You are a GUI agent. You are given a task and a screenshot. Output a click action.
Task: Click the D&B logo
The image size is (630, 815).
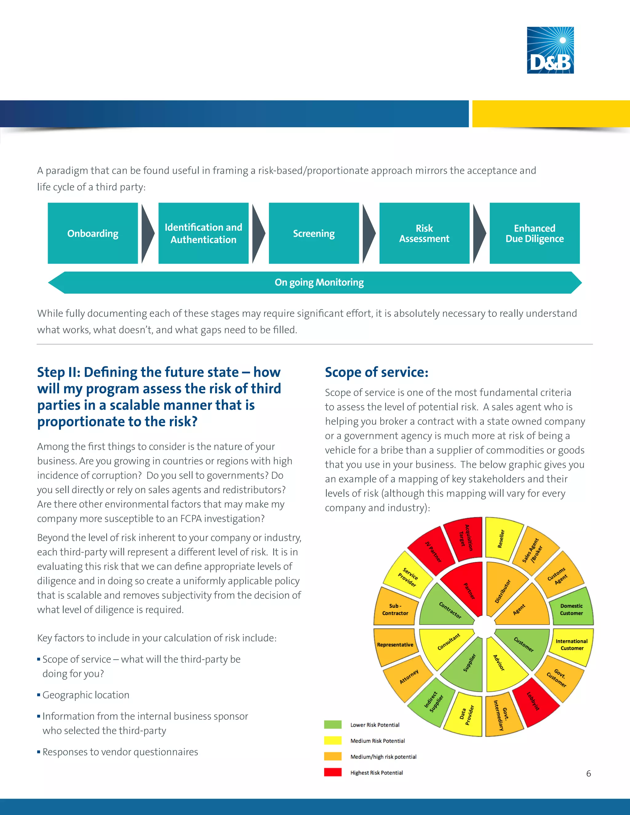click(x=550, y=50)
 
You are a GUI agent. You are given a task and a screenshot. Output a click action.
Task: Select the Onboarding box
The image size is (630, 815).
click(x=93, y=233)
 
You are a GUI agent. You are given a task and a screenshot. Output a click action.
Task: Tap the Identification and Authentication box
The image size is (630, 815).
click(x=203, y=233)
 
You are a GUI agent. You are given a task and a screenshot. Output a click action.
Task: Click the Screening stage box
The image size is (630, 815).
click(x=313, y=233)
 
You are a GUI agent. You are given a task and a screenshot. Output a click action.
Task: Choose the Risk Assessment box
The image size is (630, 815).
click(x=424, y=233)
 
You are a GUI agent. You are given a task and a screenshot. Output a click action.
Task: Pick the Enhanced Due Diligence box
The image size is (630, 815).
click(x=534, y=233)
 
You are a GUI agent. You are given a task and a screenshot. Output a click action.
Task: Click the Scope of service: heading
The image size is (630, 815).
click(x=377, y=372)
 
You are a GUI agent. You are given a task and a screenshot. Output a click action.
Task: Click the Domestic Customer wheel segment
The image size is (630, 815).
click(x=571, y=609)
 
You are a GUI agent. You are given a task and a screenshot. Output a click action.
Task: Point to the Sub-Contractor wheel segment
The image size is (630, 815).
click(x=395, y=609)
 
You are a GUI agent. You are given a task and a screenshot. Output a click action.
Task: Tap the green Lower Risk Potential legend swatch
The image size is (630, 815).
click(x=333, y=725)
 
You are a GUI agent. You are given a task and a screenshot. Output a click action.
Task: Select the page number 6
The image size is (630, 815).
click(x=588, y=773)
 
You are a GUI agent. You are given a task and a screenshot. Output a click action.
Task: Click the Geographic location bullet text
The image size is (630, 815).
click(x=86, y=695)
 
